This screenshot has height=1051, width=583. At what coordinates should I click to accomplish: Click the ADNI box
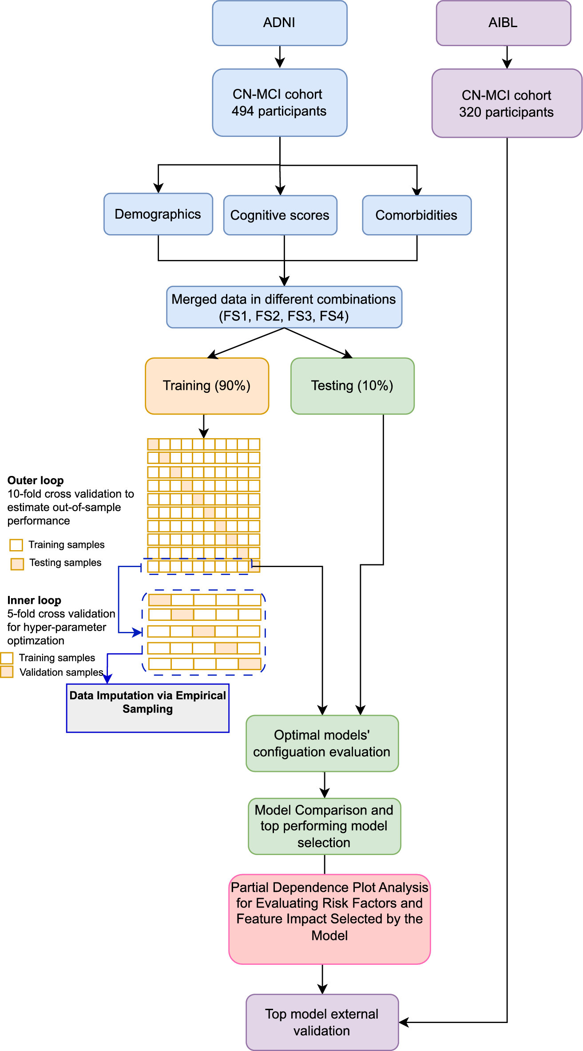279,23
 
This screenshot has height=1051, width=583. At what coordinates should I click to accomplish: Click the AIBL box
503,23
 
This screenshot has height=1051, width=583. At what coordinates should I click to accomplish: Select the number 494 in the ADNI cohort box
242,111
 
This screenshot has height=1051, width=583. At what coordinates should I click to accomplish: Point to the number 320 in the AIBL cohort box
470,112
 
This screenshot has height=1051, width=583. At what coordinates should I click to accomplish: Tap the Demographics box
158,214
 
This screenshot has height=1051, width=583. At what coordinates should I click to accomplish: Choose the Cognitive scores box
280,215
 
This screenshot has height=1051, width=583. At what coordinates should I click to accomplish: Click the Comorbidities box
416,215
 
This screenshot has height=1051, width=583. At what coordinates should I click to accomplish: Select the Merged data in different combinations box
284,307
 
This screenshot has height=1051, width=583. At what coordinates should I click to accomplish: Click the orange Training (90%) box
207,386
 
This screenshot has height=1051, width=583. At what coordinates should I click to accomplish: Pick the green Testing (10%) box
352,386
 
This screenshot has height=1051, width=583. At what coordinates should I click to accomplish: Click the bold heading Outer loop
36,480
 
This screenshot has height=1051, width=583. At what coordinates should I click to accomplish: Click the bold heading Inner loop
34,600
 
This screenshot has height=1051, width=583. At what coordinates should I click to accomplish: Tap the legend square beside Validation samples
7,671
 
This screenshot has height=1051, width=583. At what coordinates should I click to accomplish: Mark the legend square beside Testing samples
17,564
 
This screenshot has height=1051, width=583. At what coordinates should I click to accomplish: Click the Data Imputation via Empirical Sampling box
147,708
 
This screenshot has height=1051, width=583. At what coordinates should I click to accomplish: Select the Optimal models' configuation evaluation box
322,743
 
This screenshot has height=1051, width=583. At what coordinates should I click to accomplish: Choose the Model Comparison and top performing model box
324,826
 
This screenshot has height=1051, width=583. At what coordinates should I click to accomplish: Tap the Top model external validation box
322,1022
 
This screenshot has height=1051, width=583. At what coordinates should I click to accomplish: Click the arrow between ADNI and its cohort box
280,57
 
